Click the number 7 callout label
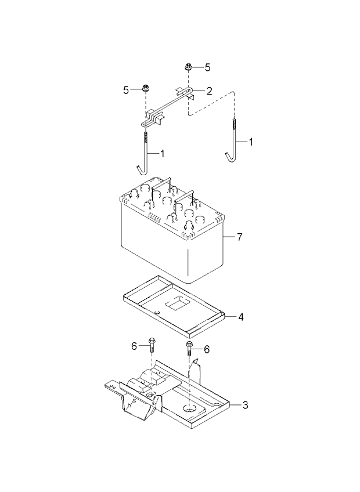click(239, 237)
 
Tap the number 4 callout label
click(240, 317)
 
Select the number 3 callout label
click(245, 404)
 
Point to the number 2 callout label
click(210, 91)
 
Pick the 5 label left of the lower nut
click(125, 89)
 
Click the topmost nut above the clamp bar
click(189, 67)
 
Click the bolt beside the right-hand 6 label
click(189, 349)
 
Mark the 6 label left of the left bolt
click(134, 346)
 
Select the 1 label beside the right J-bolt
click(251, 142)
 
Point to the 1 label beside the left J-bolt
click(162, 153)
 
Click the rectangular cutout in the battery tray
click(178, 303)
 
